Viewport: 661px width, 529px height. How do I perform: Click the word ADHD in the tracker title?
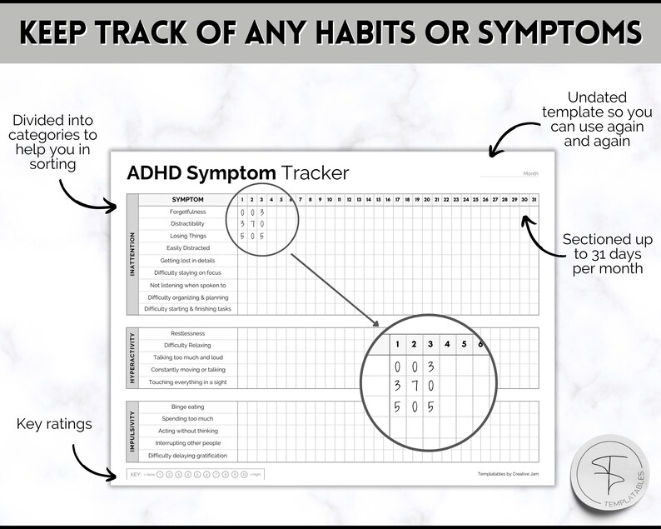pyautogui.click(x=155, y=173)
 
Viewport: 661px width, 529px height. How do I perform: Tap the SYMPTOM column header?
pyautogui.click(x=187, y=200)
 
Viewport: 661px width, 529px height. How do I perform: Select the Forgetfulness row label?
pyautogui.click(x=188, y=212)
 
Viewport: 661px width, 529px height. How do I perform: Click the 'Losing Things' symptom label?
pyautogui.click(x=188, y=236)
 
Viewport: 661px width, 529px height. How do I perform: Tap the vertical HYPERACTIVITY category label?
pyautogui.click(x=132, y=358)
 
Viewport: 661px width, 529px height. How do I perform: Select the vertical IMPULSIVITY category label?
pyautogui.click(x=132, y=431)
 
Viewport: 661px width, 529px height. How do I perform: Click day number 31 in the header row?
pyautogui.click(x=534, y=200)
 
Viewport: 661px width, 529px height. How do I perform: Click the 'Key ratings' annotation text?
pyautogui.click(x=54, y=426)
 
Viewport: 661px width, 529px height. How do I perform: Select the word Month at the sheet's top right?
pyautogui.click(x=530, y=173)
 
